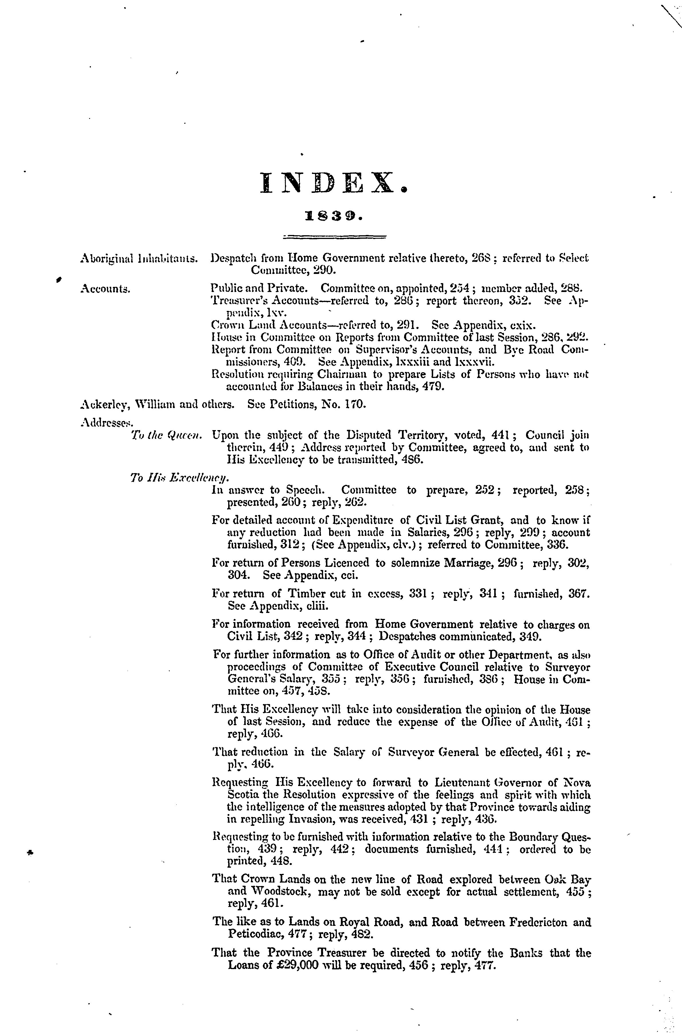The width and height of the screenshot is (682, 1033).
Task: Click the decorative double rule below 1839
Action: pos(334,237)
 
